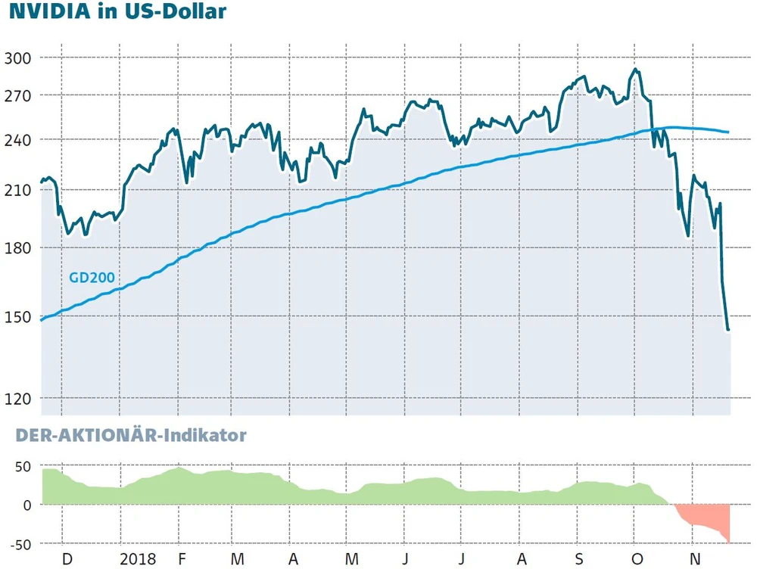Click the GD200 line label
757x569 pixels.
pos(92,278)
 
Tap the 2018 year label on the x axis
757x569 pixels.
pos(139,559)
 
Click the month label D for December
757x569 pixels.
pos(67,559)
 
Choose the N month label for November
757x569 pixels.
pos(693,559)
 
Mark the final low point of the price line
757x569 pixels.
pos(728,330)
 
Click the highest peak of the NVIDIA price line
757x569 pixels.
pos(635,70)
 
